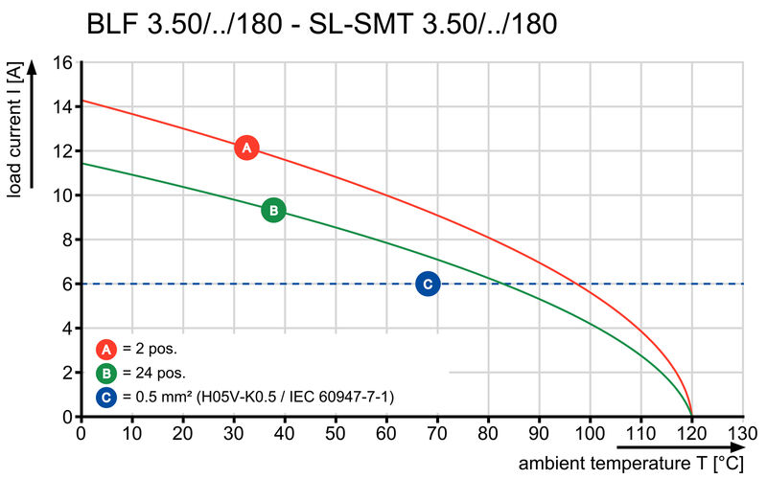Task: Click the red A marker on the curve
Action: click(x=246, y=148)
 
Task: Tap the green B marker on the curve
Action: click(x=273, y=210)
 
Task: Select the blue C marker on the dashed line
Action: click(x=428, y=284)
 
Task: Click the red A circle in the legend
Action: click(x=106, y=350)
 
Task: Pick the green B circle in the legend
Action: click(x=106, y=373)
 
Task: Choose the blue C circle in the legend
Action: click(x=106, y=396)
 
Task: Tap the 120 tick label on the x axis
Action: click(x=690, y=432)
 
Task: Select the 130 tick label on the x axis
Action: click(x=741, y=432)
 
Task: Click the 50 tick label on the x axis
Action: click(x=335, y=432)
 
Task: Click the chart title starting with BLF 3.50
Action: click(x=321, y=23)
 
